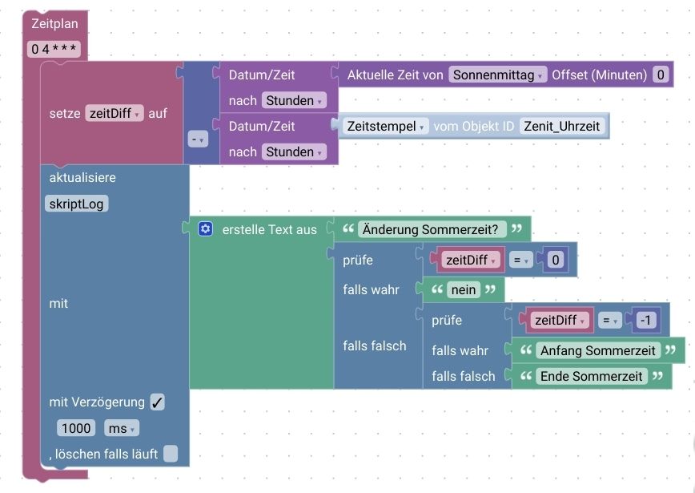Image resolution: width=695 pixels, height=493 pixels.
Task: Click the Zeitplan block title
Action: [54, 24]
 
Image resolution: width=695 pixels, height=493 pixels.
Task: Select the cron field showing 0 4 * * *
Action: [54, 49]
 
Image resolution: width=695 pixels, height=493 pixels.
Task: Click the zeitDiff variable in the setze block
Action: [114, 114]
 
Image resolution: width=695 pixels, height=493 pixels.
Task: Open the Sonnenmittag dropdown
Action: [497, 75]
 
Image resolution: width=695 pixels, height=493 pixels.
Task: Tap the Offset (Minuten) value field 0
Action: [661, 75]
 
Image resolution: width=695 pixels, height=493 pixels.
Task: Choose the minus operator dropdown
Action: [197, 139]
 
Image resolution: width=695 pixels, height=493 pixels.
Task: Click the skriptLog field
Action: [78, 204]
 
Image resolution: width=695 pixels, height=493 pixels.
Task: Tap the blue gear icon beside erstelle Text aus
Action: [206, 229]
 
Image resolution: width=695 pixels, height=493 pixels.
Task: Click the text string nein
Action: [464, 289]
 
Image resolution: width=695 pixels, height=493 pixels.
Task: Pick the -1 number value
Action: [646, 320]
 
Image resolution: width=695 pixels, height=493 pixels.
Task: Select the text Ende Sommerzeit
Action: [592, 376]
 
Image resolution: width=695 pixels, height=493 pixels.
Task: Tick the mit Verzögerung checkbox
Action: [157, 402]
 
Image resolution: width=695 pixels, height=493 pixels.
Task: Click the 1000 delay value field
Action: [76, 428]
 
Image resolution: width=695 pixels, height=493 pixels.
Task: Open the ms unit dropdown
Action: [122, 428]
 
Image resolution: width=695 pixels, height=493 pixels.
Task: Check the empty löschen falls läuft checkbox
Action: [171, 454]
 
